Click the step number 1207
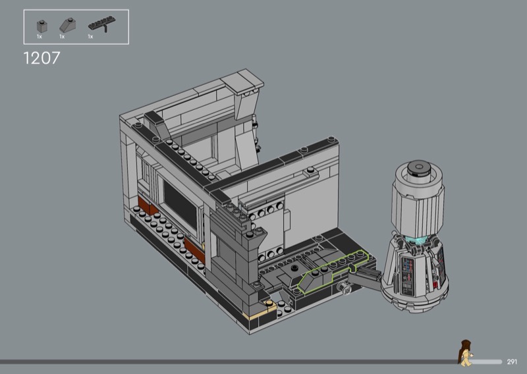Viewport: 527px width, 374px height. tap(42, 58)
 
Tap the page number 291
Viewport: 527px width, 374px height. tap(512, 362)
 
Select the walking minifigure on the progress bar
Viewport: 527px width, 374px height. tap(466, 353)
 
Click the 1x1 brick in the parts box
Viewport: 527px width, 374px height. tap(42, 26)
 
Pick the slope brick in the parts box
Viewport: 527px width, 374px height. tap(68, 25)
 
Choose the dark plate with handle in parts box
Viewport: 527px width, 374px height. tap(102, 24)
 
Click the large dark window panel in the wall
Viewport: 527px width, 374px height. tap(180, 204)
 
